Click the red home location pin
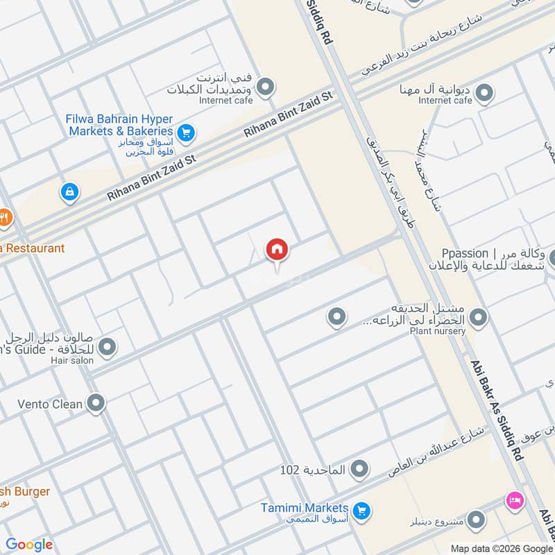pos(277,250)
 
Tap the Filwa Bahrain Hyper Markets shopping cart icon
pos(185,131)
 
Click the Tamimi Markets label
pos(305,508)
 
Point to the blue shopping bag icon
pos(69,191)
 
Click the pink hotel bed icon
pos(515,499)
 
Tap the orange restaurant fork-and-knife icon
pos(5,218)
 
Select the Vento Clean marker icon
pos(96,402)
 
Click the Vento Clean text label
pos(50,403)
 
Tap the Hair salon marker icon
pos(107,346)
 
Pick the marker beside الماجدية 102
pos(359,470)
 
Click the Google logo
pos(29,545)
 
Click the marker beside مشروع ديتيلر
pos(476,518)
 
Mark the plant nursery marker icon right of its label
pos(477,318)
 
